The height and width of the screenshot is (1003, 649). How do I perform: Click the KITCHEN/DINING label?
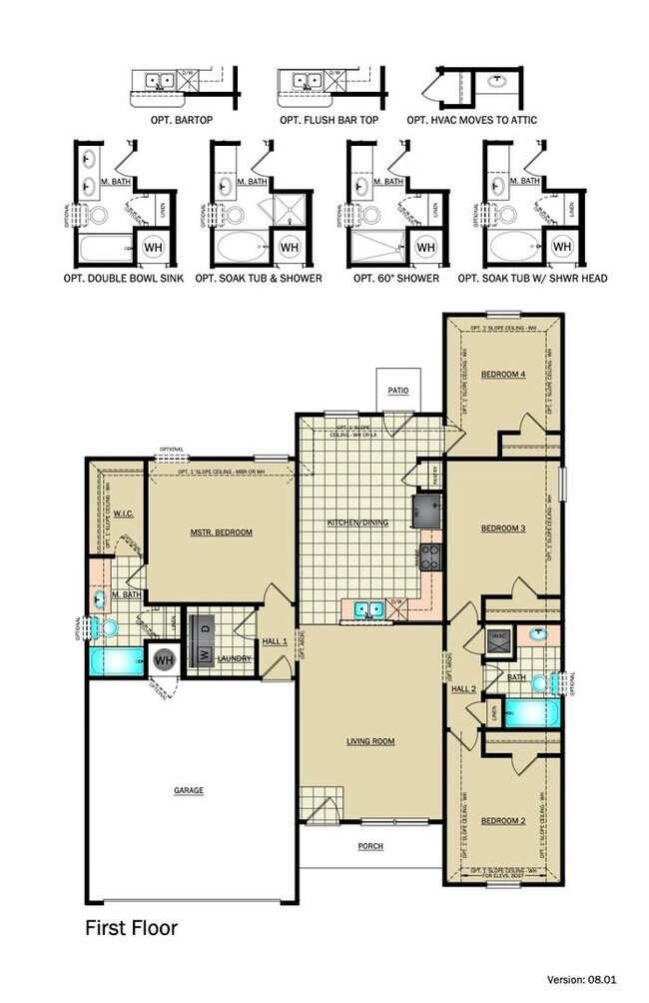[358, 522]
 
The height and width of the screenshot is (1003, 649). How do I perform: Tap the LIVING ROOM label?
[370, 740]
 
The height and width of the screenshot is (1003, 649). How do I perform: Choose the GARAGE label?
[189, 790]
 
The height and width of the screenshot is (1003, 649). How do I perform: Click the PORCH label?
[370, 846]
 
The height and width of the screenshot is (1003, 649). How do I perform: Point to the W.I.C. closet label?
[124, 514]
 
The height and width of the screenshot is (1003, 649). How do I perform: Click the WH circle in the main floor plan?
[164, 659]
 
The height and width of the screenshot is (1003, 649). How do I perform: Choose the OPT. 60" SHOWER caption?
[396, 278]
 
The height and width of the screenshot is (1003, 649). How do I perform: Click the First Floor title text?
[132, 928]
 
